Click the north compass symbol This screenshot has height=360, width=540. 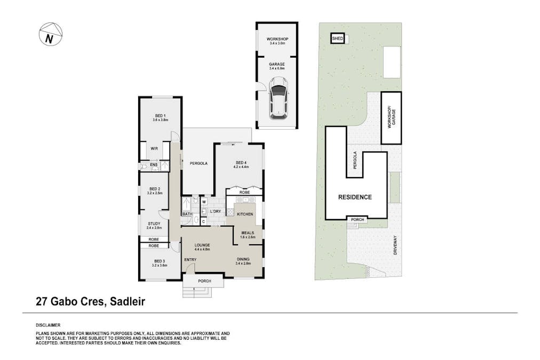tap(50, 35)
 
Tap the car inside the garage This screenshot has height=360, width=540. tap(278, 98)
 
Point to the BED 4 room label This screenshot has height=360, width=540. tap(242, 163)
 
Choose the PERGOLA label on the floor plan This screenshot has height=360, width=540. tap(198, 163)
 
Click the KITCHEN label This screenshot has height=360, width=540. tap(244, 214)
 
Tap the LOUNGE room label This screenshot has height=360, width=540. tap(202, 245)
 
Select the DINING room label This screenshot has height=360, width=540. tap(243, 260)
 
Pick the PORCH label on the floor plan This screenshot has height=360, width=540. tap(204, 281)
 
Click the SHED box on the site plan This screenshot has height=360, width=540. tap(337, 38)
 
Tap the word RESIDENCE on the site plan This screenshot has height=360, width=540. tap(355, 197)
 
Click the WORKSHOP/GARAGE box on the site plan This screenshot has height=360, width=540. tap(391, 118)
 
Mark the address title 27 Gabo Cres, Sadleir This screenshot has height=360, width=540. tap(90, 301)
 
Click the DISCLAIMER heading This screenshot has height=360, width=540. tap(48, 325)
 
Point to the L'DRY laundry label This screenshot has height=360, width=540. tap(215, 212)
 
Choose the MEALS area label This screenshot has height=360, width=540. tap(248, 233)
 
